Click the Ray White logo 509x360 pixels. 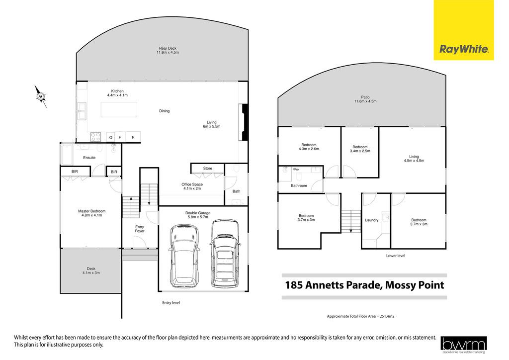pyautogui.click(x=464, y=30)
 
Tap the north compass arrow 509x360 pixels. pyautogui.click(x=41, y=96)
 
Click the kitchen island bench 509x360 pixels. pyautogui.click(x=119, y=110)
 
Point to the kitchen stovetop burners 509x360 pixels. pyautogui.click(x=95, y=137)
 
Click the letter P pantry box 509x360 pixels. pyautogui.click(x=133, y=137)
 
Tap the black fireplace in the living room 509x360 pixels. pyautogui.click(x=244, y=122)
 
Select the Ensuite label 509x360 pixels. pyautogui.click(x=89, y=158)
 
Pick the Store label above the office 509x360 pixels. pyautogui.click(x=208, y=169)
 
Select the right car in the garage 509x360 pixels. pyautogui.click(x=225, y=254)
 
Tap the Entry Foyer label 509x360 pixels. pyautogui.click(x=140, y=229)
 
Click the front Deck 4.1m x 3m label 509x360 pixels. pyautogui.click(x=91, y=270)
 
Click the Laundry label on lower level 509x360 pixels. pyautogui.click(x=372, y=220)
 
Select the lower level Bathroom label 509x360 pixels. pyautogui.click(x=299, y=185)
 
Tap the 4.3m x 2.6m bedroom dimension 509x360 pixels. pyautogui.click(x=309, y=149)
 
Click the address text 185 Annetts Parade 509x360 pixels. pyautogui.click(x=333, y=285)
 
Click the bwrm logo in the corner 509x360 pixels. pyautogui.click(x=464, y=345)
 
